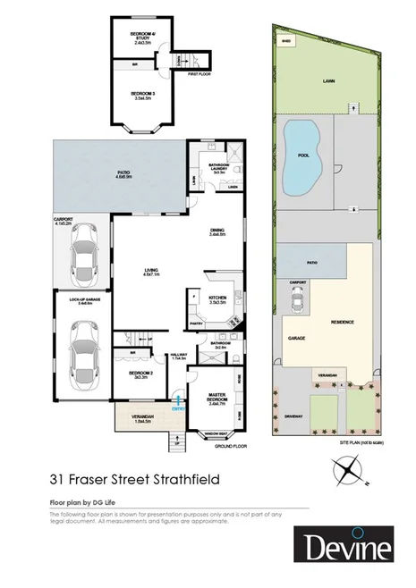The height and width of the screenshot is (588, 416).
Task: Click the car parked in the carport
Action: click(x=82, y=253)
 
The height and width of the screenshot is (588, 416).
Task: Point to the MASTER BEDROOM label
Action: click(x=216, y=400)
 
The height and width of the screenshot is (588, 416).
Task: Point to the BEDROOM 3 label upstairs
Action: click(x=142, y=96)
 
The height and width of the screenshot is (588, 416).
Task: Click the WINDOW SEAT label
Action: click(x=215, y=435)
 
